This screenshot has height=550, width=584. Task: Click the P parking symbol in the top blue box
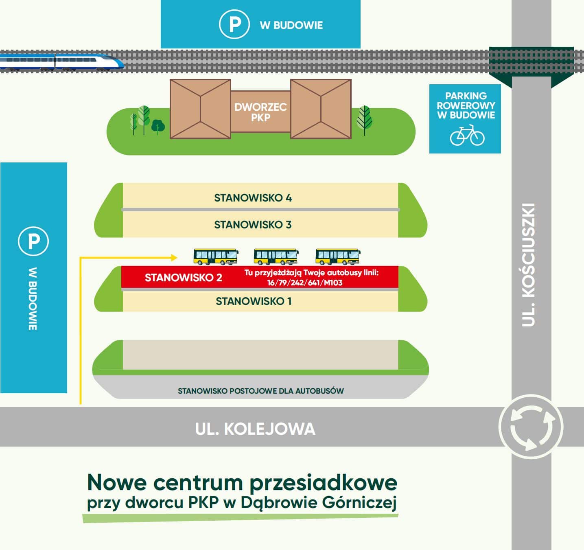[234, 24]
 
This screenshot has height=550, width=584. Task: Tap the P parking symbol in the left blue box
[33, 241]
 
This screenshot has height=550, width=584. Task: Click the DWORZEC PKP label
[260, 112]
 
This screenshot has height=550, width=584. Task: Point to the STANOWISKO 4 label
[253, 198]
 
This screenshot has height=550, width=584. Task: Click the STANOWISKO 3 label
[253, 225]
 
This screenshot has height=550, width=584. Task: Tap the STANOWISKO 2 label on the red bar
[183, 278]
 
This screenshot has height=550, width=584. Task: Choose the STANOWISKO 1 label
[254, 301]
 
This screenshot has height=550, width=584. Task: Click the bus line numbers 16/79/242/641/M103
[304, 283]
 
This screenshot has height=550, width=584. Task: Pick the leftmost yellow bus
[215, 256]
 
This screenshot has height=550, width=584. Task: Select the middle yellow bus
[276, 256]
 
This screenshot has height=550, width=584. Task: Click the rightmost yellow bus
[337, 256]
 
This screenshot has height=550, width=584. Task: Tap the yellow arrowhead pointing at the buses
[174, 257]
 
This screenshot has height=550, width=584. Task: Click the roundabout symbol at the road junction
[531, 427]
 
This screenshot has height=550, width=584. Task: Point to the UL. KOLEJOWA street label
[255, 429]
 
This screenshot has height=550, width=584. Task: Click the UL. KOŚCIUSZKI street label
[528, 265]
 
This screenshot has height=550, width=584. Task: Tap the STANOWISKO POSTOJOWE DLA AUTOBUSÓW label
[261, 391]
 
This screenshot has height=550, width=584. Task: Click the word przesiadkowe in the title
[323, 482]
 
